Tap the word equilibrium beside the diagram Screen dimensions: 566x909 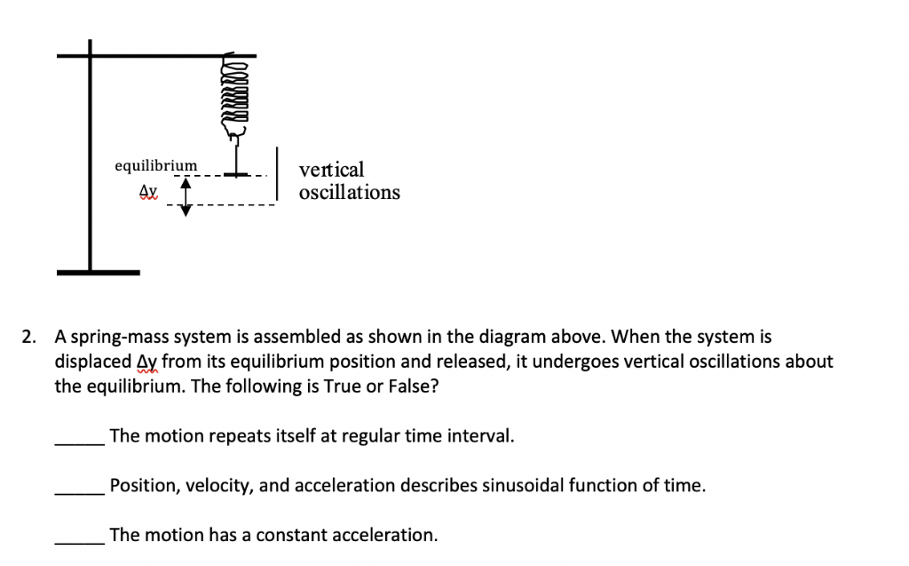(155, 166)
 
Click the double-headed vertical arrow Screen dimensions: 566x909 (186, 196)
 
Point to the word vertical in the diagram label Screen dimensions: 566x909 (331, 170)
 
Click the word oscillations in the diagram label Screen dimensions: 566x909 (350, 193)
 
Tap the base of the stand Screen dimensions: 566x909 (98, 272)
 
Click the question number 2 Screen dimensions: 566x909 (28, 338)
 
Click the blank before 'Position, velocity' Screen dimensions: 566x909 (81, 487)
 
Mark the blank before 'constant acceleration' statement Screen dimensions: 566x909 (81, 536)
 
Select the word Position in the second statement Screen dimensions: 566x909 (139, 486)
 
